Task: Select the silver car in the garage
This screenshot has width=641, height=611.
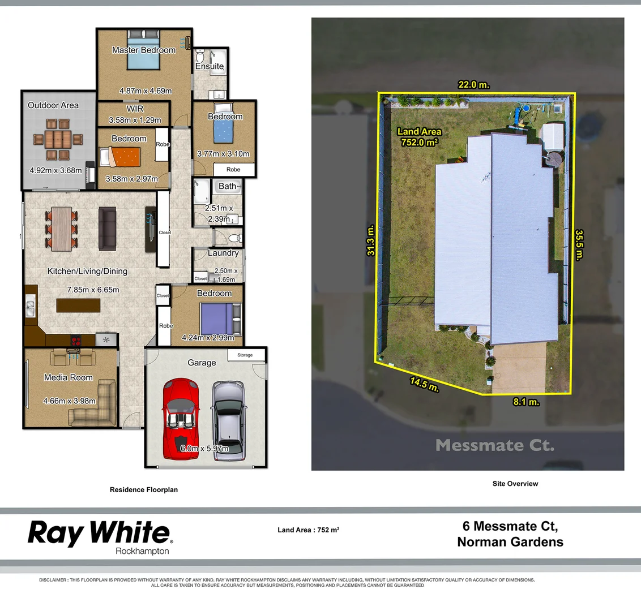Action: [x=229, y=419]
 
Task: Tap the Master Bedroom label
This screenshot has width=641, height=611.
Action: [x=144, y=50]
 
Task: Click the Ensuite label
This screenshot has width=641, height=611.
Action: [x=210, y=66]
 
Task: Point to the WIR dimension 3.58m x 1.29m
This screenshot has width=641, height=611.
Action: [x=134, y=120]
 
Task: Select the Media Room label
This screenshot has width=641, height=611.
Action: [x=69, y=377]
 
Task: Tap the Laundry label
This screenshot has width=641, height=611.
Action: [x=223, y=253]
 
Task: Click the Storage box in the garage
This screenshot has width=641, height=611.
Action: [x=245, y=355]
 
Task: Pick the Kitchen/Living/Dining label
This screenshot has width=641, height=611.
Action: [x=87, y=272]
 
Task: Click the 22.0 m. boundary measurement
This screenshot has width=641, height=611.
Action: [x=474, y=85]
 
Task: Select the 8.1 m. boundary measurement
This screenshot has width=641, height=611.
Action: [x=526, y=402]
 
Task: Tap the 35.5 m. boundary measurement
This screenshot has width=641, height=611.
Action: [x=579, y=244]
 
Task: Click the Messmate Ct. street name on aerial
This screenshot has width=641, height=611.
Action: [x=495, y=445]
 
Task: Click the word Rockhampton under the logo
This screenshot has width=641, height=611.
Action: [x=142, y=551]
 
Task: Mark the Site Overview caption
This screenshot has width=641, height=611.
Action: [x=515, y=484]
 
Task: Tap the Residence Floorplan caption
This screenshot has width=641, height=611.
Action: [x=144, y=490]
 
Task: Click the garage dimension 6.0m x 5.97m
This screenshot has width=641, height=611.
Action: [x=204, y=449]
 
